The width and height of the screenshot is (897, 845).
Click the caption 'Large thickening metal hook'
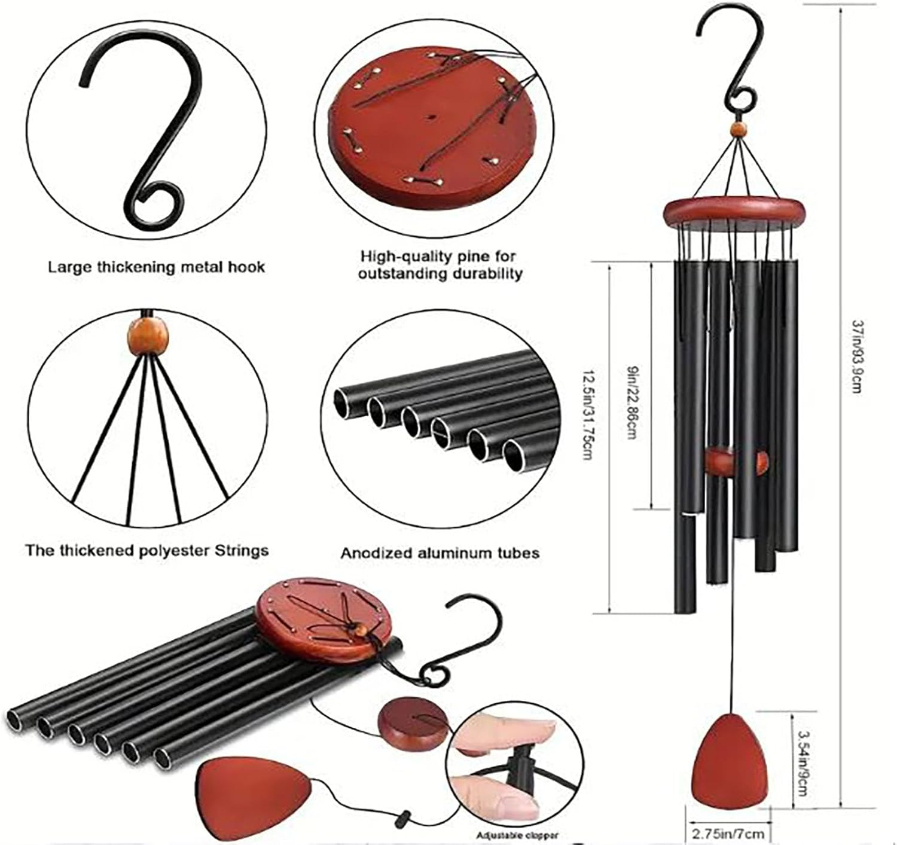(156, 266)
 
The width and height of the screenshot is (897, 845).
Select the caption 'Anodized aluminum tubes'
(440, 553)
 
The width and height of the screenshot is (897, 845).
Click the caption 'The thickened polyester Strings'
(147, 550)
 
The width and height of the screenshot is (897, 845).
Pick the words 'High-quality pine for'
(439, 257)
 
